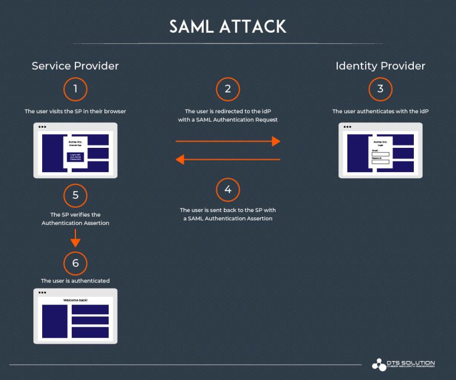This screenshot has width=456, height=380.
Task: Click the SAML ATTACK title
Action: point(227,27)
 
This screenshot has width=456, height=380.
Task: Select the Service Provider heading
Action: point(75,66)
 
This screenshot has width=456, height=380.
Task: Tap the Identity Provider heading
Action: point(380,66)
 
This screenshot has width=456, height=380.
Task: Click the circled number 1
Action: point(75,90)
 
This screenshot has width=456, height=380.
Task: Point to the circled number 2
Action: point(227,90)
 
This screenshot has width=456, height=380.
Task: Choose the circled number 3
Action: point(380,90)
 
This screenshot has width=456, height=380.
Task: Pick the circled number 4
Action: point(227,191)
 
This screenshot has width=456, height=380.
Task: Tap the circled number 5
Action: point(75,195)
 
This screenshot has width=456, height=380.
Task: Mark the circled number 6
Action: point(75,262)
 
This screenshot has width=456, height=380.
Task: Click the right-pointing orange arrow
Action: point(227,141)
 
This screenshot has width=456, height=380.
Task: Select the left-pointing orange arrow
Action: point(227,159)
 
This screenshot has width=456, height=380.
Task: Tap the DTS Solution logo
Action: point(403,364)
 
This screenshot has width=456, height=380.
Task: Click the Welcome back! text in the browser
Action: point(75,300)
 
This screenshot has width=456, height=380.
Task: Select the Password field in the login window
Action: point(380,161)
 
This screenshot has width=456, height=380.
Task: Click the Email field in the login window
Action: point(380,154)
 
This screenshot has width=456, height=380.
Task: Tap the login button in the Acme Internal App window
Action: point(75,157)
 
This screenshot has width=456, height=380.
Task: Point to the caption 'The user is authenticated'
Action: point(75,281)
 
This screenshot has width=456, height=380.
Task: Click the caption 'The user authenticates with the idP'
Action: point(380,112)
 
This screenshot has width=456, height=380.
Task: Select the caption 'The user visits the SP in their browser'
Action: point(75,112)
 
